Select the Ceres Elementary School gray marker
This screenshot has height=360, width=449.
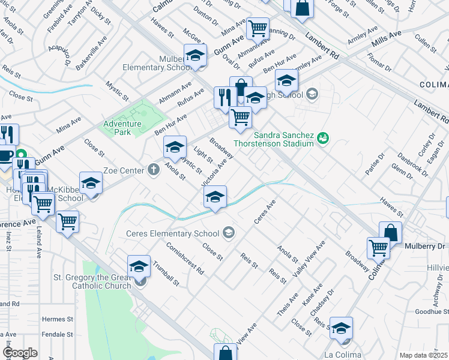click(228, 232)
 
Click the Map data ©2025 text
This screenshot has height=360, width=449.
click(423, 355)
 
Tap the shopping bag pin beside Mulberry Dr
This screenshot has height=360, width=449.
click(391, 232)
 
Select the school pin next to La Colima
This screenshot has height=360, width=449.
click(341, 328)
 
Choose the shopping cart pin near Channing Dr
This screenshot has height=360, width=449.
click(258, 27)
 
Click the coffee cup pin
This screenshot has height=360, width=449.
click(6, 155)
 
